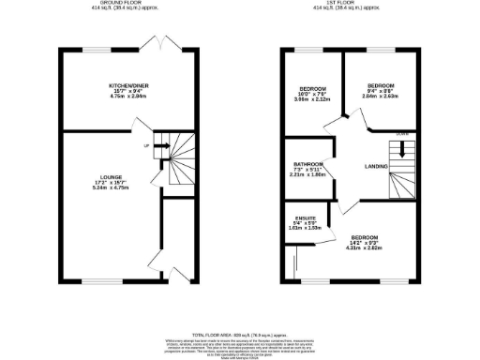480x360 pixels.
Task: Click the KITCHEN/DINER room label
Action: (x=128, y=84)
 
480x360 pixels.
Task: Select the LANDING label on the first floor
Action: (x=363, y=169)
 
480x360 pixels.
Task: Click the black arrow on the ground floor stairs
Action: (x=160, y=146)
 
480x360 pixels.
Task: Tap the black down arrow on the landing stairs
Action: (x=404, y=147)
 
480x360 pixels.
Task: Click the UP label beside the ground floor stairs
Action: (x=145, y=146)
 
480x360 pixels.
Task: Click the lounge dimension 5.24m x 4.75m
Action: (x=112, y=187)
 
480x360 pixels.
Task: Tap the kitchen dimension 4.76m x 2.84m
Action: (x=128, y=97)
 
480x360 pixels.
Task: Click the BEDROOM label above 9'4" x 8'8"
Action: (x=381, y=83)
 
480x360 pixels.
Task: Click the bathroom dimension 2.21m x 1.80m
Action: (x=307, y=173)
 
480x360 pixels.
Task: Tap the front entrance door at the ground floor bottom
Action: (x=174, y=273)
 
